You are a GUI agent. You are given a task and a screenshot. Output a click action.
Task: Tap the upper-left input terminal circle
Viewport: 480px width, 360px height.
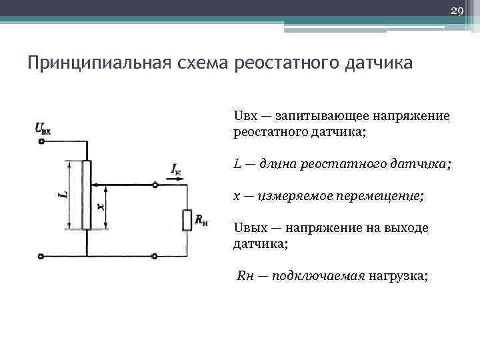click(41, 141)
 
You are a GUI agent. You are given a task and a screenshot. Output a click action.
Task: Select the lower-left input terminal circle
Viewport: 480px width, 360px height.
click(41, 255)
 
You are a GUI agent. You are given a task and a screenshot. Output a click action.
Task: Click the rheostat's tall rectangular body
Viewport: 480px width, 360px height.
click(87, 195)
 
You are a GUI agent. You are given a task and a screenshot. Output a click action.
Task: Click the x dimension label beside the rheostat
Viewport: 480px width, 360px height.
click(101, 207)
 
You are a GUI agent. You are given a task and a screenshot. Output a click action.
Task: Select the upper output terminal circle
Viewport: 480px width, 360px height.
click(155, 185)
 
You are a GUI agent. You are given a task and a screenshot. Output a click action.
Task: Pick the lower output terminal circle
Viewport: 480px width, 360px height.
click(155, 255)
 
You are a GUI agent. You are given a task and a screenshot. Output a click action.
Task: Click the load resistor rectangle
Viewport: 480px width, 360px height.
click(185, 219)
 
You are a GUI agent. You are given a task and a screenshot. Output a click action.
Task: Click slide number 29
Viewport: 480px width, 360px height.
click(457, 11)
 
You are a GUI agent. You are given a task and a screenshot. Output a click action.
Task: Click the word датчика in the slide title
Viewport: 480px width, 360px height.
click(379, 63)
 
